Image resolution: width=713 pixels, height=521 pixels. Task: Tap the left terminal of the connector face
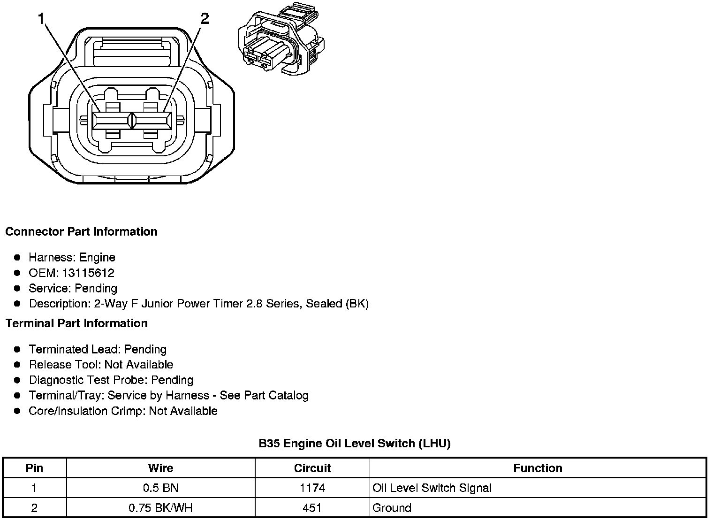coord(112,120)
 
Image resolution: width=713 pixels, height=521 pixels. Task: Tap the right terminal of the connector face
coord(152,120)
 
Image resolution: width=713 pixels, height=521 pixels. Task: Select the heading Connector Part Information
coord(81,232)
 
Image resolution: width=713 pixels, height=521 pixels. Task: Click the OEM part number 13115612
coord(88,273)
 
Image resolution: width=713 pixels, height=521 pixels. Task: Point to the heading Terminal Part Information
coord(76,323)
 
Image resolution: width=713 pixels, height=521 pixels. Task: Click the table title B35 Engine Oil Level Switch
coord(354,444)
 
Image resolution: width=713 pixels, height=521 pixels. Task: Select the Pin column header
coord(34,468)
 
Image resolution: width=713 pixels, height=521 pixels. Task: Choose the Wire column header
coord(160,468)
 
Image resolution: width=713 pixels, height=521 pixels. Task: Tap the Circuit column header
coord(312,468)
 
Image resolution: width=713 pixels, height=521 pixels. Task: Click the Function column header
coord(538,468)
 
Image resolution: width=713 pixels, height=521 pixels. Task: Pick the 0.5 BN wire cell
coord(160,488)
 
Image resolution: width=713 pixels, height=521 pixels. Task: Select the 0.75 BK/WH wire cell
coord(160,508)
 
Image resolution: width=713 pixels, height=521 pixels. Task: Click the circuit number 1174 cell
coord(312,488)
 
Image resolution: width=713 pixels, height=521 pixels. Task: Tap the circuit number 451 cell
coord(312,508)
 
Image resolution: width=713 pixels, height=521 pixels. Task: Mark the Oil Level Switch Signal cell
coord(432,488)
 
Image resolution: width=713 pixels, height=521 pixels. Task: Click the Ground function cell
coord(392,508)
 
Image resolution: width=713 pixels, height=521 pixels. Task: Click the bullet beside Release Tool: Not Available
coord(17,365)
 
